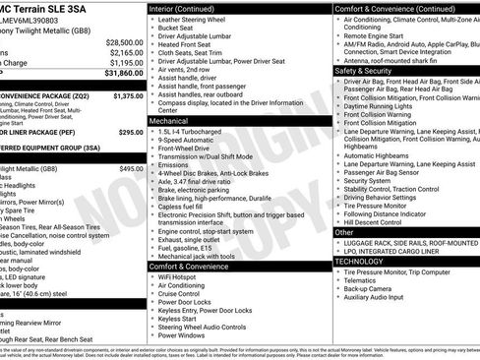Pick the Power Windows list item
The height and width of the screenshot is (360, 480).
tap(185, 335)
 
